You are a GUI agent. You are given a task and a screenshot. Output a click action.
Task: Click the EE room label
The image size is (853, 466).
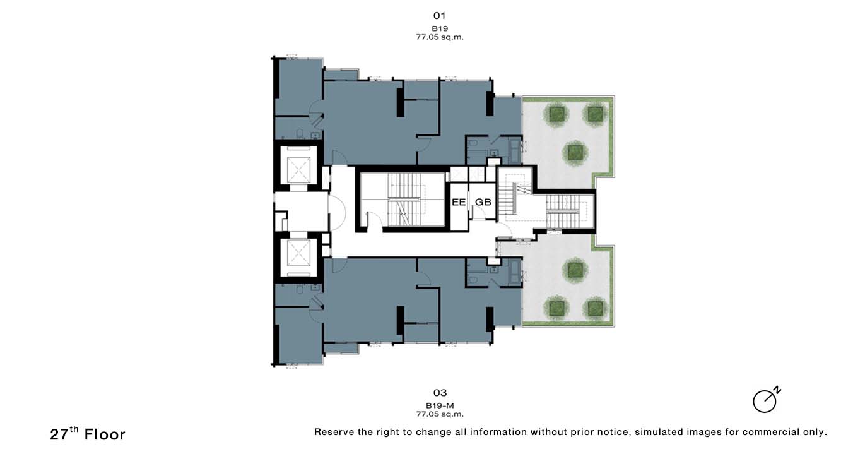(x=459, y=202)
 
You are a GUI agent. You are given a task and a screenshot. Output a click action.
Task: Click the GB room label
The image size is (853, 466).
(x=483, y=202)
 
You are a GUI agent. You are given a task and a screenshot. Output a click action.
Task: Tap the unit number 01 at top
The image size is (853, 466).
(x=440, y=16)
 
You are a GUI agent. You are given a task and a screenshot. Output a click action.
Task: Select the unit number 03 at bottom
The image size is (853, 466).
(x=440, y=393)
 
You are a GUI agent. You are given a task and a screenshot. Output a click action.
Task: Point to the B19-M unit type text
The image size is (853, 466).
(x=440, y=406)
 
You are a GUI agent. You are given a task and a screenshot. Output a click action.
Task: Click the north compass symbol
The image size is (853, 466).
(x=767, y=400)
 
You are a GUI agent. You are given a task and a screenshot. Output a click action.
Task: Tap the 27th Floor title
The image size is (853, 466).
(x=88, y=434)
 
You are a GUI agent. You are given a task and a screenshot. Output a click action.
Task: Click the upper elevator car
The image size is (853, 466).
(x=298, y=170)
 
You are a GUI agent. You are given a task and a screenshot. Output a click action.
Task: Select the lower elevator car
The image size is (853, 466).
(x=298, y=253)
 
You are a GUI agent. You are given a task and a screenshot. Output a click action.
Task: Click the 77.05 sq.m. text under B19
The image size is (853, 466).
(x=440, y=37)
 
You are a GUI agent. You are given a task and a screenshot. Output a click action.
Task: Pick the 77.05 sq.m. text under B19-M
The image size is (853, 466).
(x=440, y=414)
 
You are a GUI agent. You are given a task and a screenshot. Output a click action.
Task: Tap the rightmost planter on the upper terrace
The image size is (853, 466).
(x=595, y=114)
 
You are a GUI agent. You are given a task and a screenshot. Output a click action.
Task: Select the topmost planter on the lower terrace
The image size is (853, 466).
(x=575, y=270)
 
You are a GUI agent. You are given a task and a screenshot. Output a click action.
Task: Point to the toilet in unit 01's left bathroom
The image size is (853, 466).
(x=300, y=134)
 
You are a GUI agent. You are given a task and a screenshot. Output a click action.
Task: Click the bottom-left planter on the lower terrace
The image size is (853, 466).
(x=556, y=308)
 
